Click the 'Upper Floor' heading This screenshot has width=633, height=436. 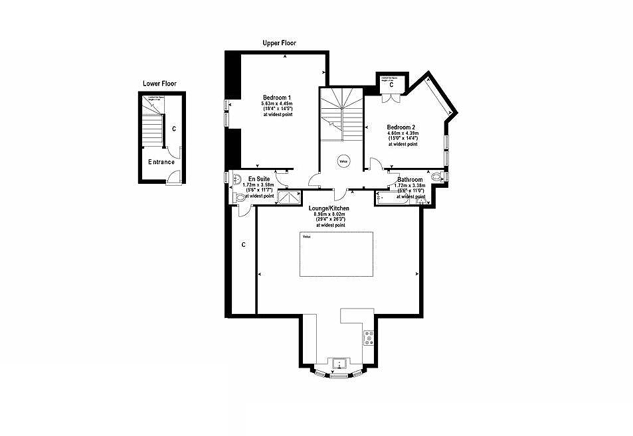point(279,43)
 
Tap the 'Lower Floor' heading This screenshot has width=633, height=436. point(159,84)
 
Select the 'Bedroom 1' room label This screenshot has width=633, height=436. point(276,98)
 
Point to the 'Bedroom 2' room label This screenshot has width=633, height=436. point(401,127)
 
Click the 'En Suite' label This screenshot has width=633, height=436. point(258,179)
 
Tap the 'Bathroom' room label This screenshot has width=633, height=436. point(410,180)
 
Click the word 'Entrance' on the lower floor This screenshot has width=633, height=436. point(161,162)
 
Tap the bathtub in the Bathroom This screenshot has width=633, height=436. point(392,198)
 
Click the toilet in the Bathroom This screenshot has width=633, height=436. point(435,177)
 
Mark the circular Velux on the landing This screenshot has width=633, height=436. point(343,160)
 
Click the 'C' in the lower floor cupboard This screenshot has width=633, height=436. point(173,129)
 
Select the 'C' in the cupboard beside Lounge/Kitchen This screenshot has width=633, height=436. point(244,245)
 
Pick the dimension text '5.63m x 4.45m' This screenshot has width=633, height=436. point(276,104)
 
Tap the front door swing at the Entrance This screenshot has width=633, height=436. point(173,176)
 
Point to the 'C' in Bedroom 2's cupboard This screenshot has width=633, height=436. point(391,85)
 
